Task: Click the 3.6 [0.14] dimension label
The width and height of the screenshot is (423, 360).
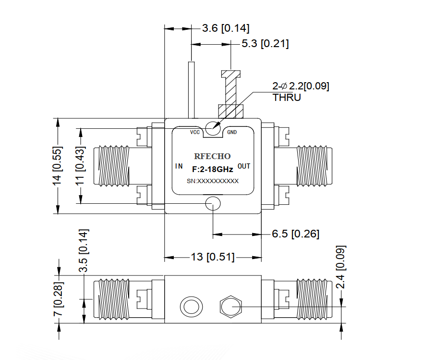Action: [226, 28]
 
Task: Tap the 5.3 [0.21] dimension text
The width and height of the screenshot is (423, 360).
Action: [265, 43]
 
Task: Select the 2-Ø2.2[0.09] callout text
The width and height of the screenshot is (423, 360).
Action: [301, 86]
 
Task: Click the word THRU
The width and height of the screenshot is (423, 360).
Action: [287, 97]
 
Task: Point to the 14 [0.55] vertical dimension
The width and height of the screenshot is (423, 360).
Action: [57, 166]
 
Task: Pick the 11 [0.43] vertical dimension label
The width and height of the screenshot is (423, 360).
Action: [80, 166]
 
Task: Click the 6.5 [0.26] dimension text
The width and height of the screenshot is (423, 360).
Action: [296, 234]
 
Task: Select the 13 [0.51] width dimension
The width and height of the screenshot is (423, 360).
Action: [213, 257]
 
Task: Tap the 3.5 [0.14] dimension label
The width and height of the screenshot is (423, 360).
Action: [83, 250]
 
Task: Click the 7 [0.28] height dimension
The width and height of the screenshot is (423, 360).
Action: [58, 298]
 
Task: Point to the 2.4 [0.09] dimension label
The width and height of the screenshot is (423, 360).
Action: [340, 267]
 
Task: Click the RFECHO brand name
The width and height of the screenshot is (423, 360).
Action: [212, 156]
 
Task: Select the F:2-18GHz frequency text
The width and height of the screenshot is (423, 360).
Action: [213, 169]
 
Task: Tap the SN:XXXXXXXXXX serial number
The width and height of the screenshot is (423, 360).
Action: [213, 181]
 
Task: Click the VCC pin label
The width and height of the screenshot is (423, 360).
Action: [195, 132]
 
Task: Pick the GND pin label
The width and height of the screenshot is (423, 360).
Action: [232, 132]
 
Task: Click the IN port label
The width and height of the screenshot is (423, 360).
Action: [179, 166]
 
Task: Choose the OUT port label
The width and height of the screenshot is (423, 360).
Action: [244, 166]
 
